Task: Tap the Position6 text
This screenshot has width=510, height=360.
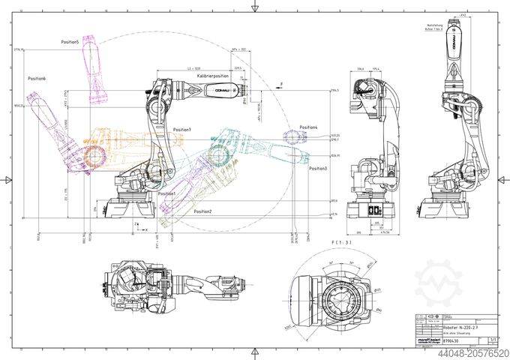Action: click(37, 79)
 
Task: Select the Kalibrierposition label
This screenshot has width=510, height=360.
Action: click(213, 76)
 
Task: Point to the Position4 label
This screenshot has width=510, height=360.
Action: click(308, 127)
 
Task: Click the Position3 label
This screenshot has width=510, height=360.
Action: click(317, 169)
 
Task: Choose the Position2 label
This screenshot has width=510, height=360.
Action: click(202, 211)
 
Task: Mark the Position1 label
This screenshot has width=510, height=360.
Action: click(166, 193)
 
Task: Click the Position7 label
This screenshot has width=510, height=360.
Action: click(181, 130)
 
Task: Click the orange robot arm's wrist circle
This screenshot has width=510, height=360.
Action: click(94, 157)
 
